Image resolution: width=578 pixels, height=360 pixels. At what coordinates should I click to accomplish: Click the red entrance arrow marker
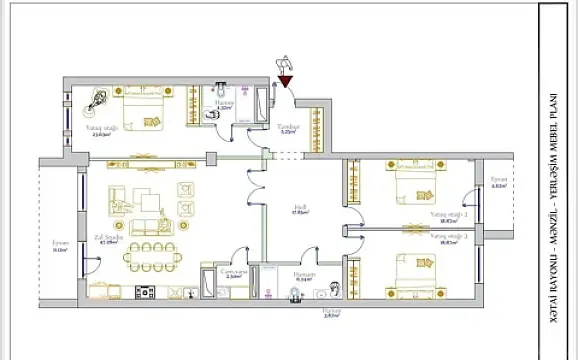(x=285, y=80)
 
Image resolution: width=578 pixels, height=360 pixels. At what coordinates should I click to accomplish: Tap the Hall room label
(x=297, y=212)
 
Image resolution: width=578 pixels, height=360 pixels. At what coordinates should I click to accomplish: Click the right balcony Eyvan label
(x=499, y=186)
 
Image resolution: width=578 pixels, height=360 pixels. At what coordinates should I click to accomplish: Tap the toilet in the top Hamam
(x=211, y=116)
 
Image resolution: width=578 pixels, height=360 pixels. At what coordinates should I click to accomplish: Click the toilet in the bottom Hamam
(x=294, y=293)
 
